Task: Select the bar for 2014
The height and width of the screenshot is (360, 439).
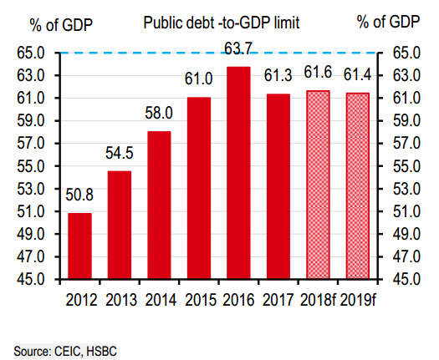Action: [x=159, y=205]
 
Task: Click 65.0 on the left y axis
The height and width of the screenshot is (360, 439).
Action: [x=29, y=53]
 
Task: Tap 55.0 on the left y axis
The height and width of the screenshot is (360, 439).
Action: [x=29, y=166]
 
